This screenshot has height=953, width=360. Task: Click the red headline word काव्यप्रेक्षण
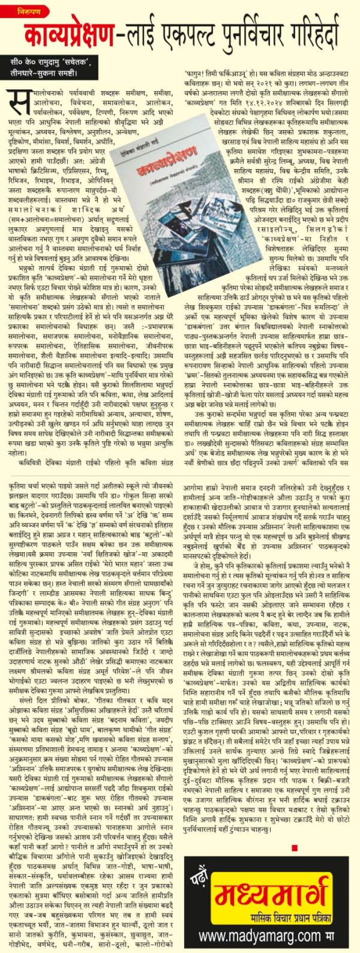click(70, 35)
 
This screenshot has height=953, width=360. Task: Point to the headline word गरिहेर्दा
click(315, 35)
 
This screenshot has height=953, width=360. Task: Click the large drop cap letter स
click(21, 103)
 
